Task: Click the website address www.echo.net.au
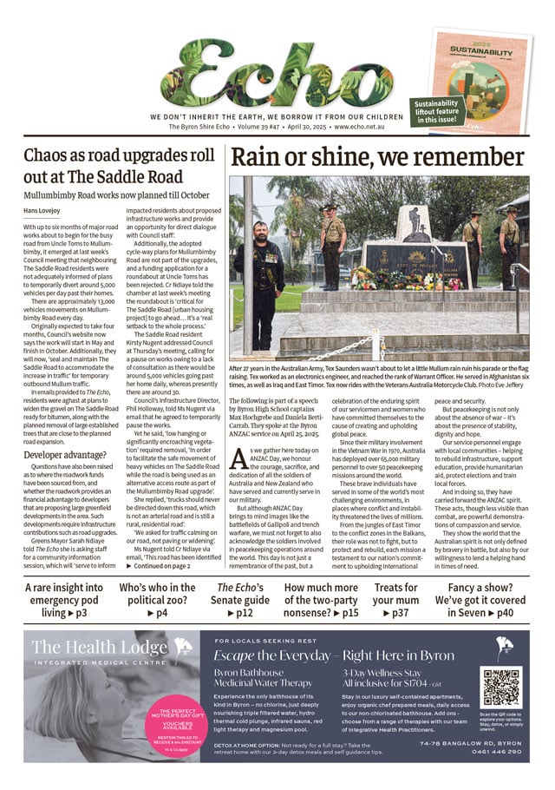pyautogui.click(x=356, y=128)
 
